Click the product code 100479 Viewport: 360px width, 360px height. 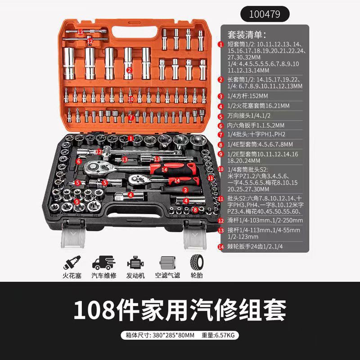tap(265, 14)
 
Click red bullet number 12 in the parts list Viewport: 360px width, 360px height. tap(220, 221)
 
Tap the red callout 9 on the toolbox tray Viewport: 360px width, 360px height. tap(77, 202)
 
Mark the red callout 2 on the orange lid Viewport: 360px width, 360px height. tap(129, 70)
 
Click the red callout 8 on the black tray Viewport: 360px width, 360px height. tap(195, 209)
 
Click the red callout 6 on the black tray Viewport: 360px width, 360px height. tap(78, 161)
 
